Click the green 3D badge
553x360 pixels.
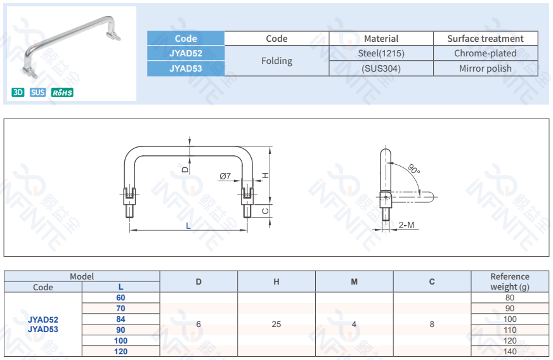click(x=18, y=93)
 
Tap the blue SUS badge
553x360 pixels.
click(x=37, y=93)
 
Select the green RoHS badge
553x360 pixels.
click(x=62, y=93)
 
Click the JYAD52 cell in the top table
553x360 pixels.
click(x=186, y=53)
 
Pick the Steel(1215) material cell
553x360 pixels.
click(x=381, y=53)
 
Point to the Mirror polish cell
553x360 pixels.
click(x=485, y=68)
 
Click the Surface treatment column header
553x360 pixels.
click(x=485, y=39)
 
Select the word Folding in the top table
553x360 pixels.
click(x=276, y=61)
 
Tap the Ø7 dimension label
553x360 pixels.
click(x=224, y=176)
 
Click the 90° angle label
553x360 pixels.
click(x=413, y=169)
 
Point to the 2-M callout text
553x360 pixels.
click(x=407, y=225)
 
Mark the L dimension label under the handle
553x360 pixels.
click(x=188, y=226)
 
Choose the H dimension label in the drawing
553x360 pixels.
click(x=267, y=175)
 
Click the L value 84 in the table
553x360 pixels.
click(x=120, y=319)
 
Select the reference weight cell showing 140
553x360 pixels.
click(x=510, y=351)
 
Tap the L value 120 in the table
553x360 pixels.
click(x=120, y=351)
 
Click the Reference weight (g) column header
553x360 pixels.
click(x=510, y=281)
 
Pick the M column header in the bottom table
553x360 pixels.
click(x=354, y=281)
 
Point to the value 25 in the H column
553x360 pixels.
click(x=276, y=325)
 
